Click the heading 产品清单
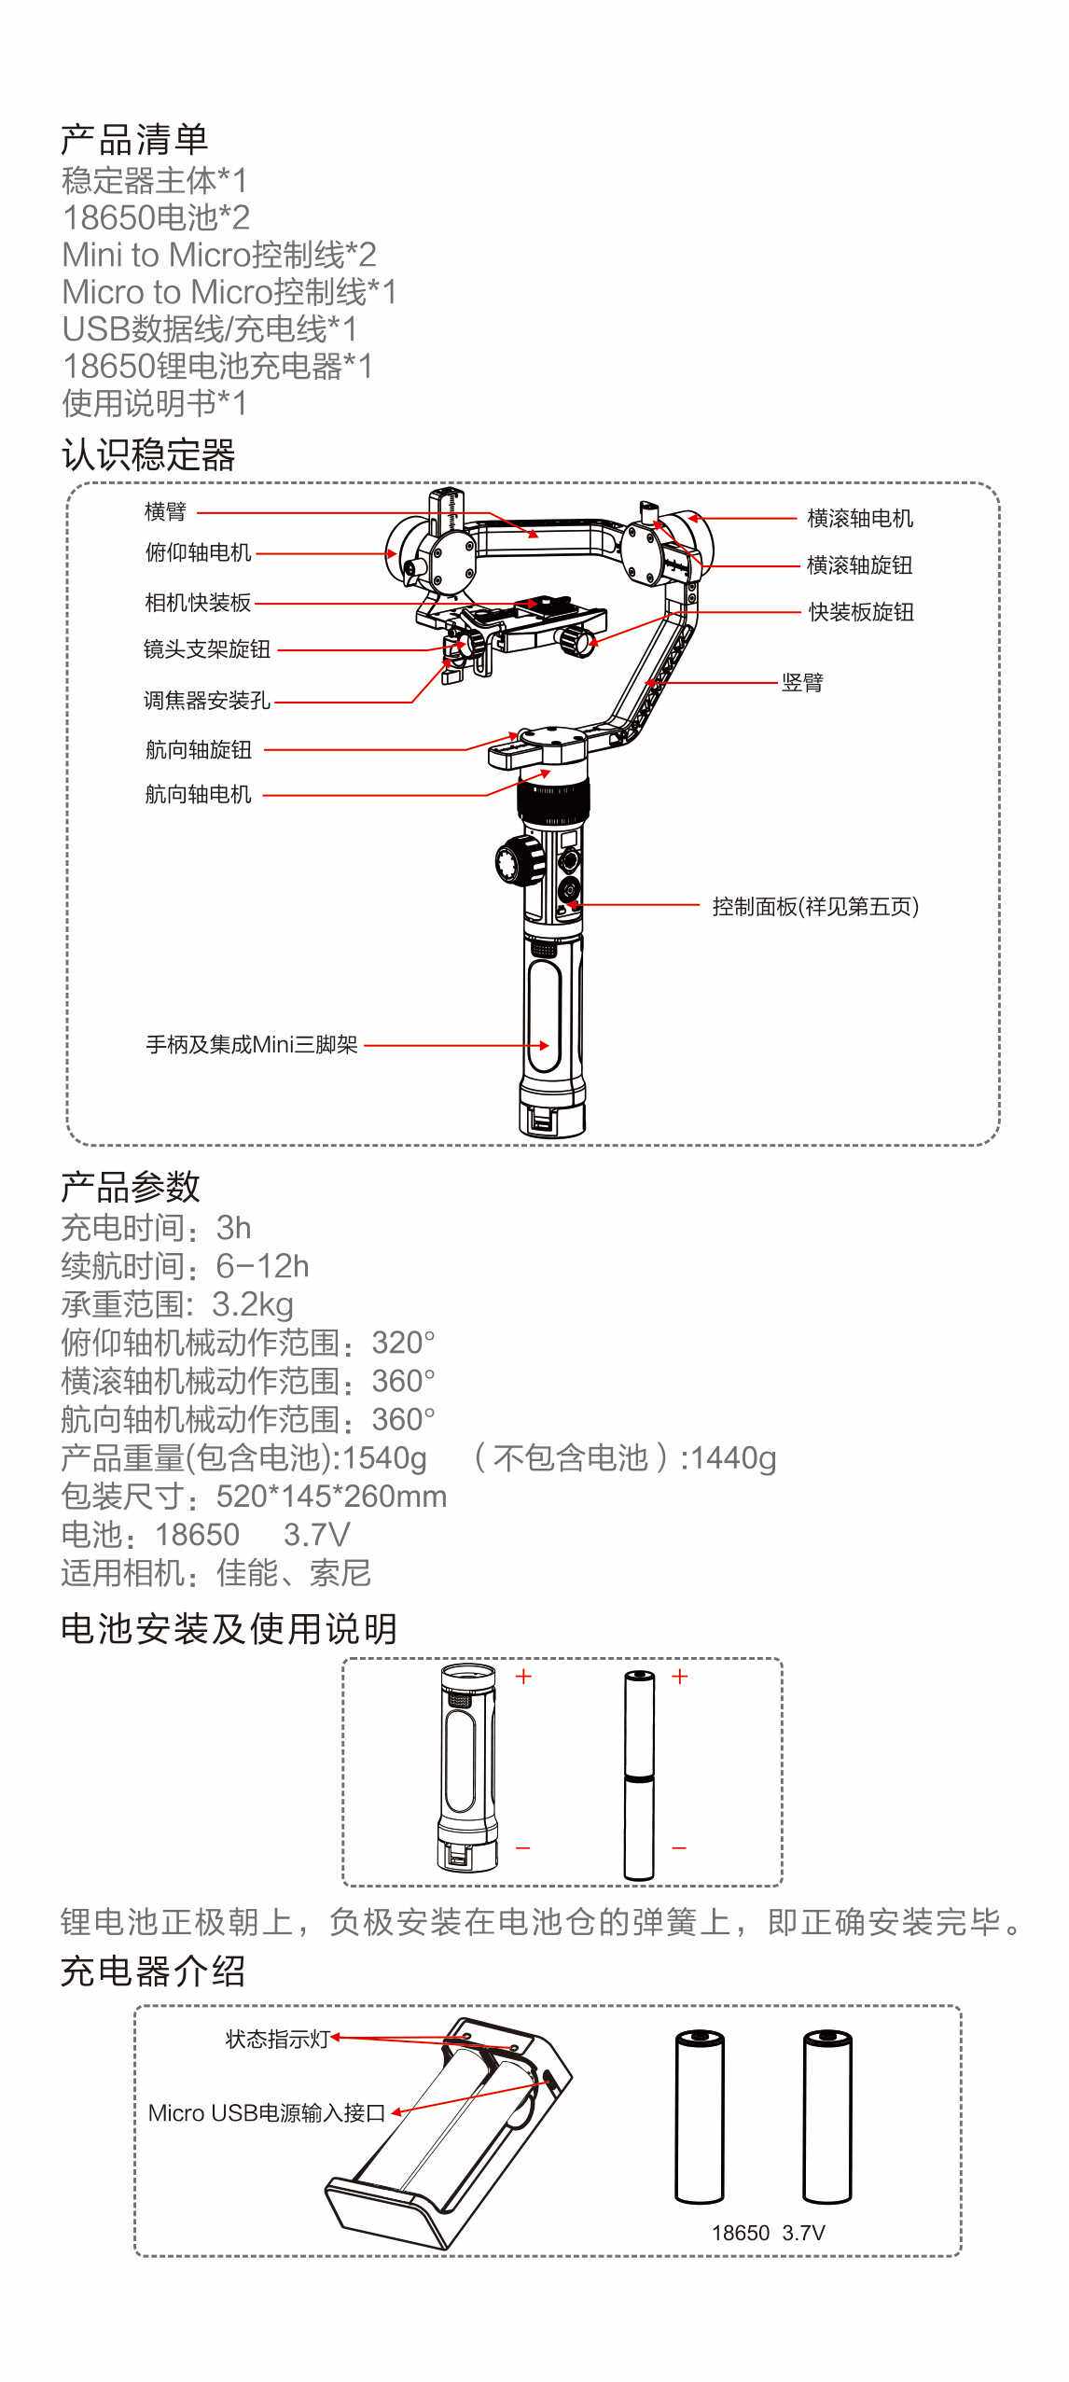(134, 140)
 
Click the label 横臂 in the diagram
(165, 511)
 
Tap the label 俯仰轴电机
(198, 552)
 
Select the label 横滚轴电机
(859, 518)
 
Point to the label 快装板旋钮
(860, 612)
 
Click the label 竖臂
(802, 682)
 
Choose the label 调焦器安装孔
(206, 700)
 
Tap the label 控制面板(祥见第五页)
(814, 906)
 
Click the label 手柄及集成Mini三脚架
(252, 1044)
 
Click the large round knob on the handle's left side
(518, 859)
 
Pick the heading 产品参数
(131, 1187)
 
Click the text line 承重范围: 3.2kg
(177, 1303)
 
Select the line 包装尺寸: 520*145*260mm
(254, 1496)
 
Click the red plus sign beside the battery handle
(523, 1677)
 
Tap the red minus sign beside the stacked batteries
(679, 1847)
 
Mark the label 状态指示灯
(278, 2039)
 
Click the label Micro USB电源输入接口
(267, 2113)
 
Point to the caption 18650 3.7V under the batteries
(768, 2233)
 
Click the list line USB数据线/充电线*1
(209, 328)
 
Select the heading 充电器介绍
(153, 1971)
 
